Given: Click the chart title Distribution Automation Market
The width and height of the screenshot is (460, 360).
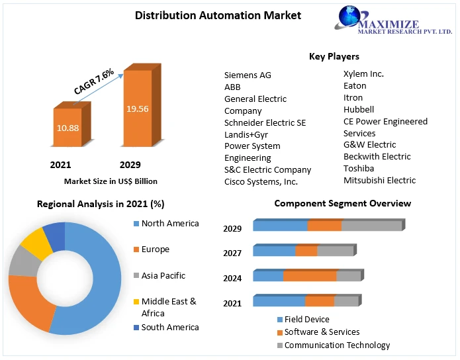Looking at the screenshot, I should click(208, 15).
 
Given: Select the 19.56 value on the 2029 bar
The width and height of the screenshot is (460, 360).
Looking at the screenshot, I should click(137, 109).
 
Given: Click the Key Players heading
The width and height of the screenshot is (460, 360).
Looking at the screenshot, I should click(334, 56).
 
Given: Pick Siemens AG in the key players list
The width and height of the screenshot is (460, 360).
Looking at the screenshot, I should click(248, 75).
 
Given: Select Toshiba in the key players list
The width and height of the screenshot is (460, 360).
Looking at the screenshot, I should click(359, 168).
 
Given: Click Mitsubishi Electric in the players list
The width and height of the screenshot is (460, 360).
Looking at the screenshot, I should click(379, 180).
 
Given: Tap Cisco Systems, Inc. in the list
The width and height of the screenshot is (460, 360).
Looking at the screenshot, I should click(261, 181).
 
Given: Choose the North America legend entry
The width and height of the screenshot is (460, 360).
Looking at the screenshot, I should click(169, 224).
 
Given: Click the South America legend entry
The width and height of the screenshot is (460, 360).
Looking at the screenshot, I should click(169, 327).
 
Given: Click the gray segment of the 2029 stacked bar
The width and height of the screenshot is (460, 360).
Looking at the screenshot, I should click(371, 226).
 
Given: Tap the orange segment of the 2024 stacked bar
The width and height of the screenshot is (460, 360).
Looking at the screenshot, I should click(310, 276).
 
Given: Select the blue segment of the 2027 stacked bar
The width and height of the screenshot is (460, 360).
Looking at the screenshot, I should click(274, 251).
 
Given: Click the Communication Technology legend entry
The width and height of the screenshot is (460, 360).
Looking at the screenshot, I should click(337, 345).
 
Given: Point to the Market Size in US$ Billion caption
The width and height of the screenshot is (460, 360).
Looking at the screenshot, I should click(111, 181).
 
